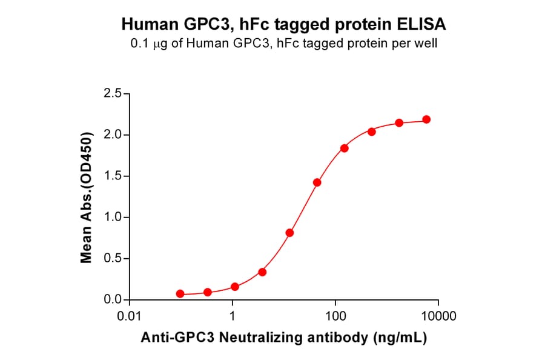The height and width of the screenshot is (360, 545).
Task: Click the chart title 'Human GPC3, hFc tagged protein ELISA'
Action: point(284,24)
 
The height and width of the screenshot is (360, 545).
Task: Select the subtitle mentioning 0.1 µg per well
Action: point(284,43)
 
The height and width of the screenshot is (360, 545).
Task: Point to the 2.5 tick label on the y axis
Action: point(112,93)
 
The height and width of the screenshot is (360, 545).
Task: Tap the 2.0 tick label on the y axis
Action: point(112,135)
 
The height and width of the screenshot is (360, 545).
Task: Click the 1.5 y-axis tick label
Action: point(112,176)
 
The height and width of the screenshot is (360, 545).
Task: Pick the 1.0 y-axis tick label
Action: point(112,218)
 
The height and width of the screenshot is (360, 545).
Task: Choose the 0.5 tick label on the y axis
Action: point(112,259)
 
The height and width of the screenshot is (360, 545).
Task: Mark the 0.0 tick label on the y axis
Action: point(112,300)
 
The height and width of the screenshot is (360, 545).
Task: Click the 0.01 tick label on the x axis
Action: point(130,316)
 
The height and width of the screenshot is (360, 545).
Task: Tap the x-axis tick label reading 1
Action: point(233,316)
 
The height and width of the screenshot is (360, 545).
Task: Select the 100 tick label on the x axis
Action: point(335,316)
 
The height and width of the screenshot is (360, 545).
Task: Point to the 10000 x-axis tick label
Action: point(438,316)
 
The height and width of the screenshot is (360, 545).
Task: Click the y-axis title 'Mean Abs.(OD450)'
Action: point(87,197)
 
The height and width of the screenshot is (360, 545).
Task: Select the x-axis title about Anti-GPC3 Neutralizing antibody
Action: point(284,338)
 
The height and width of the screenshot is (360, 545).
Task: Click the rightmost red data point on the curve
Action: point(426,119)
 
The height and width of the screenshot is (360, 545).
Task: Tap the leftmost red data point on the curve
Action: point(180,294)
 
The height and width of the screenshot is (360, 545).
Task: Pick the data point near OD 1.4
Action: point(317,182)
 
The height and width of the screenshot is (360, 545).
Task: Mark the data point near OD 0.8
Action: point(290,233)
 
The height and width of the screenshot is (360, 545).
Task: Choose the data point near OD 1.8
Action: point(344,148)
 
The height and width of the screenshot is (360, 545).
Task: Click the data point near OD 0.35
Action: point(262,272)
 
